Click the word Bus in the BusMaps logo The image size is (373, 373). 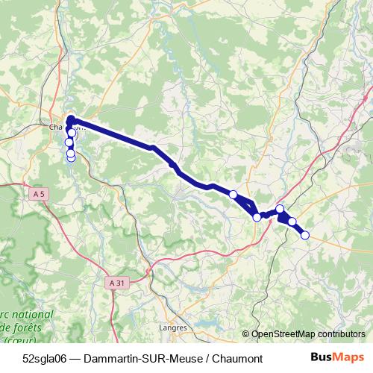[322, 357]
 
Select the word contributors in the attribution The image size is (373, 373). [339, 335]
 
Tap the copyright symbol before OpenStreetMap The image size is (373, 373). [246, 335]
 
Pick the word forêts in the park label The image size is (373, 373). [33, 327]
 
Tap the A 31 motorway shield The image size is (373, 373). [116, 283]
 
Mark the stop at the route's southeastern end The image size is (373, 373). [304, 235]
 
